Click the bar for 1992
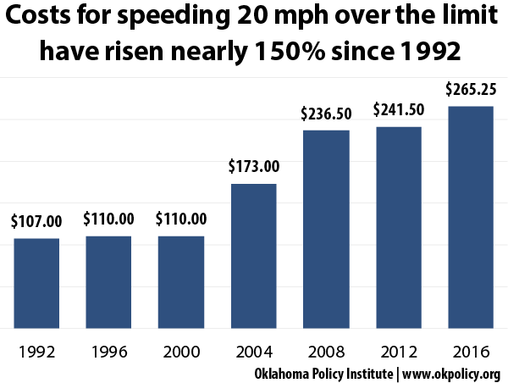36,283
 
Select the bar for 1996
108,281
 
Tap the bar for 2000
181,281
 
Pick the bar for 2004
253,255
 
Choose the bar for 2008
326,229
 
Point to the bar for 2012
398,226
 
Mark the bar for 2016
471,217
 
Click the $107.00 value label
36,222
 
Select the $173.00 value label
253,166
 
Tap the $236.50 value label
326,114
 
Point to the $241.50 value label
398,110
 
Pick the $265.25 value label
471,90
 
